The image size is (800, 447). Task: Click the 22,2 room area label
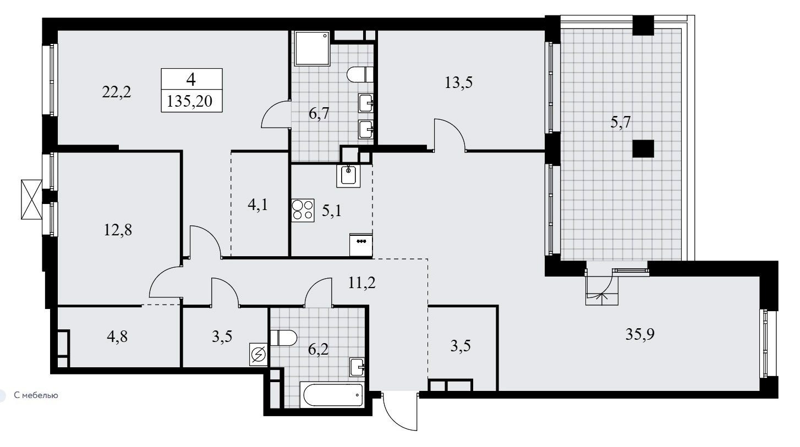tap(117, 92)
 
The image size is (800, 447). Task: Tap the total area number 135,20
tap(190, 101)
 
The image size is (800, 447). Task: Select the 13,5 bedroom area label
tap(458, 82)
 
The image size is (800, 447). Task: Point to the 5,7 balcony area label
tap(620, 123)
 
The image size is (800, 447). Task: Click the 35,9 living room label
tap(640, 334)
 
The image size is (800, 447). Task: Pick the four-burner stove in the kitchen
tap(303, 210)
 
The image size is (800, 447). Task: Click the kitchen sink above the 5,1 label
tap(348, 176)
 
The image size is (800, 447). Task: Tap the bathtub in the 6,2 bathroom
tap(333, 395)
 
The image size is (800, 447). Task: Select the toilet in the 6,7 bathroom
tap(360, 75)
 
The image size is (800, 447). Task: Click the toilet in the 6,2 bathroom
tap(283, 338)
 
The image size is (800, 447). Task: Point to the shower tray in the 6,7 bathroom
tap(312, 48)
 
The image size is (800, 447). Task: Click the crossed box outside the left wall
tap(31, 199)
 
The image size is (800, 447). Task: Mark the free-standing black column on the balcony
tap(643, 148)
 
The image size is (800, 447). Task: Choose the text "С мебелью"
tap(36, 395)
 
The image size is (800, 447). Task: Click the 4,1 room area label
tap(257, 205)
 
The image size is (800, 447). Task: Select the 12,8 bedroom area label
tap(118, 230)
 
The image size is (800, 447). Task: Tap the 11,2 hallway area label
tap(362, 283)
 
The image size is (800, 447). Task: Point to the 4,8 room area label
tap(117, 336)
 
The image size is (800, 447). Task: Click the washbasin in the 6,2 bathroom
tap(357, 367)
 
